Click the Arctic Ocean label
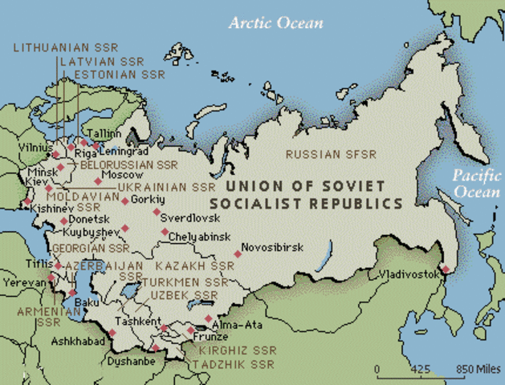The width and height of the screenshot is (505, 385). point(275,22)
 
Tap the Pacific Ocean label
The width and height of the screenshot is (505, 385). point(476,184)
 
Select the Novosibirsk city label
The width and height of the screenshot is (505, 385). point(273,248)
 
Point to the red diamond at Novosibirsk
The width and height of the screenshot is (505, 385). point(238,254)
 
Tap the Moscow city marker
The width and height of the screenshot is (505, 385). point(98,181)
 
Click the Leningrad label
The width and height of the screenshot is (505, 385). point(125,151)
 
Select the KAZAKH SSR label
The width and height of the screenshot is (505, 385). point(194,265)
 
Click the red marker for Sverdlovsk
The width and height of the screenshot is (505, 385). point(157,213)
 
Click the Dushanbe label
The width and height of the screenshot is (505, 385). point(130,362)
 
